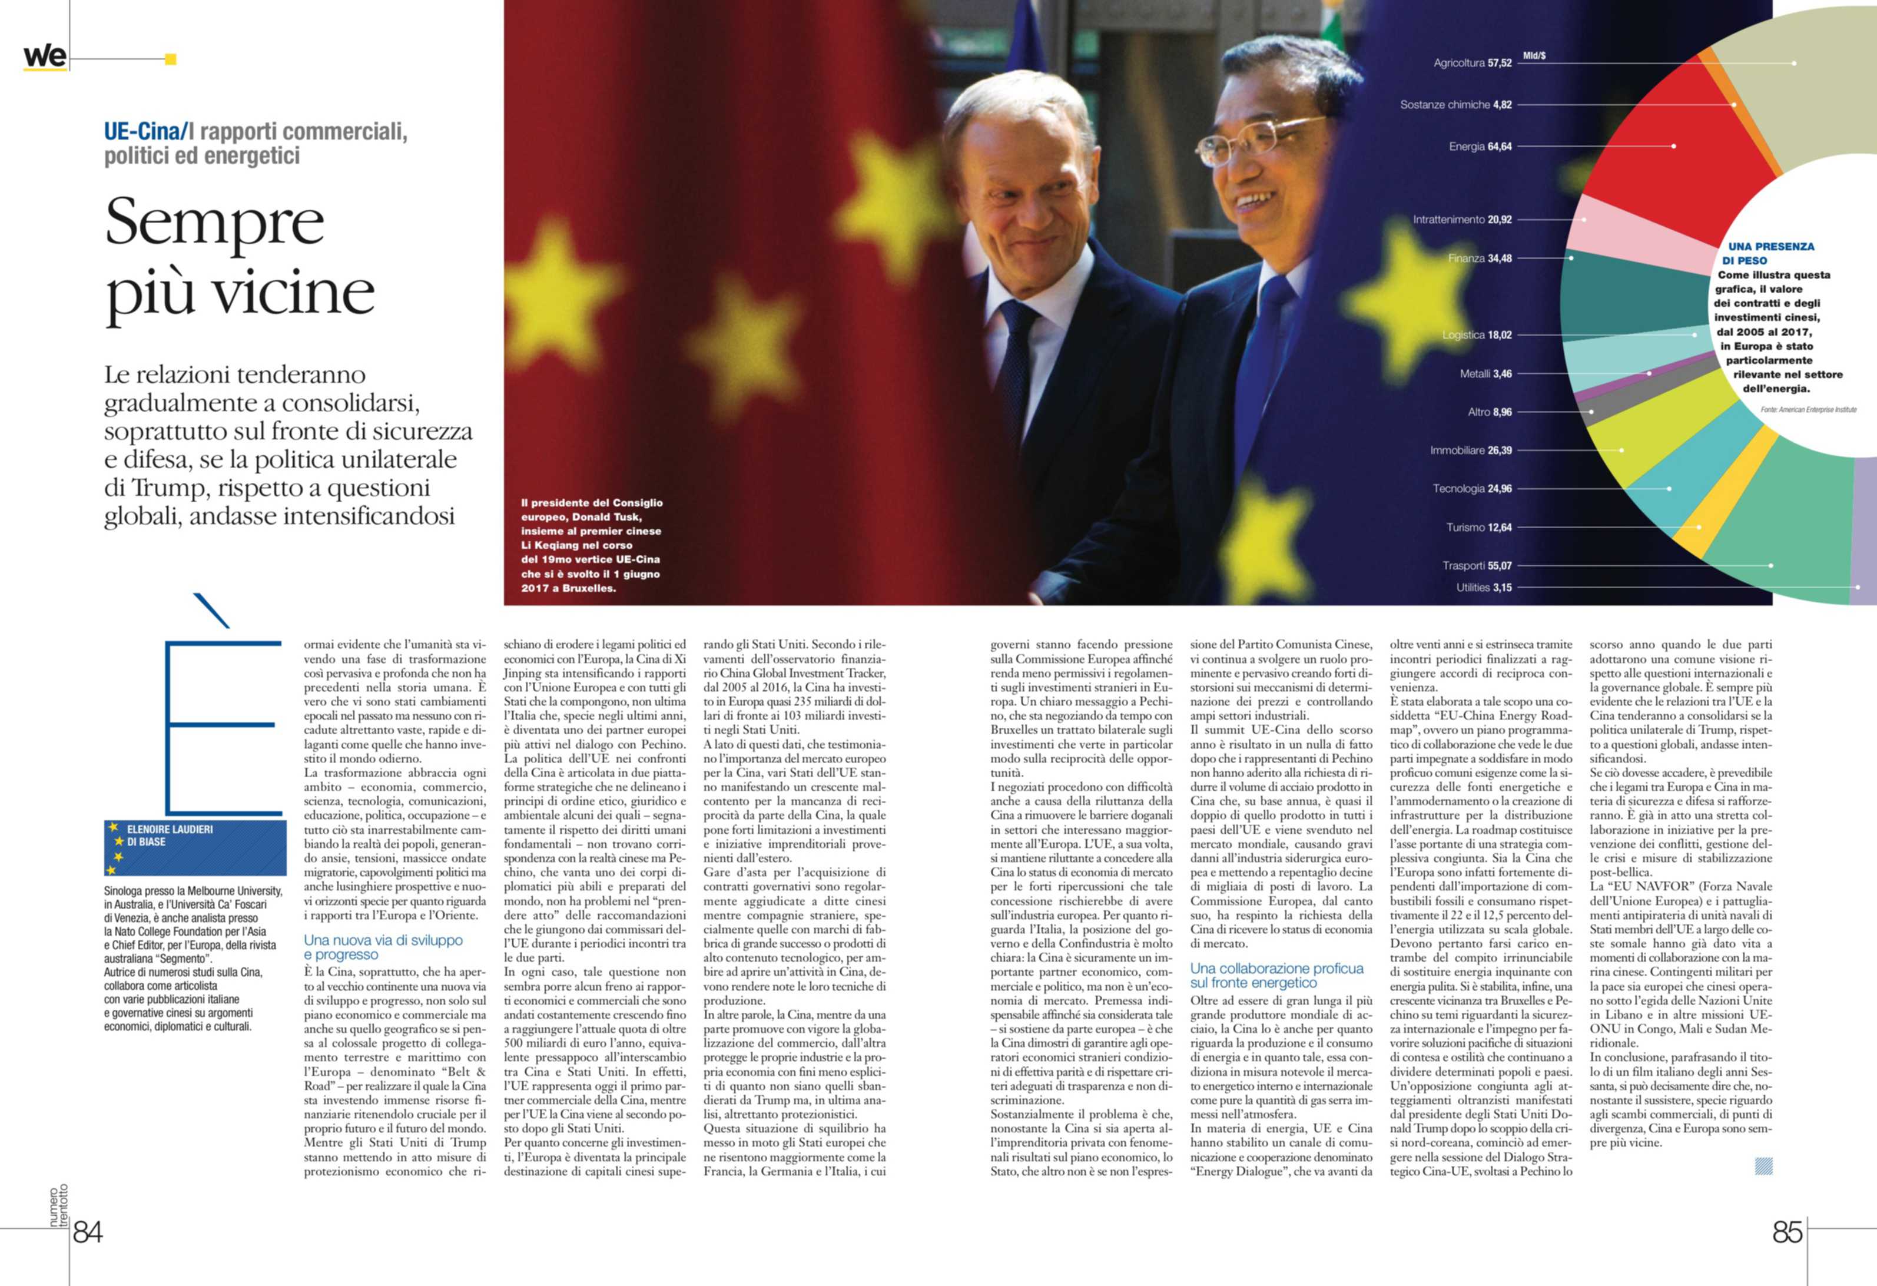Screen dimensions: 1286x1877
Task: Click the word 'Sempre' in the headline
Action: [x=215, y=222]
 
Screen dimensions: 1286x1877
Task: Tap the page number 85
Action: [x=1788, y=1231]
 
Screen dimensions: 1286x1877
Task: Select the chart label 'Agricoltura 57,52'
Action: [x=1471, y=63]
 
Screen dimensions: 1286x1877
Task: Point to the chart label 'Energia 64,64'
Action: [x=1480, y=146]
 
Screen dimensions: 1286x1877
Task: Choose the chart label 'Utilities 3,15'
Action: [x=1484, y=587]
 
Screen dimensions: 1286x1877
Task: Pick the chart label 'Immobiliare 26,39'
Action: [x=1470, y=450]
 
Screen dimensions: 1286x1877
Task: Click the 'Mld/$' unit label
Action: [x=1534, y=56]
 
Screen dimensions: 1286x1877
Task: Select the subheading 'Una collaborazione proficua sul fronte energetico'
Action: [x=1276, y=975]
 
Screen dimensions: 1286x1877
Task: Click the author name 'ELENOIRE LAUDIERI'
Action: [x=170, y=829]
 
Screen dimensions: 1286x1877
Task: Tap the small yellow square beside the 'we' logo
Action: [x=170, y=59]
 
